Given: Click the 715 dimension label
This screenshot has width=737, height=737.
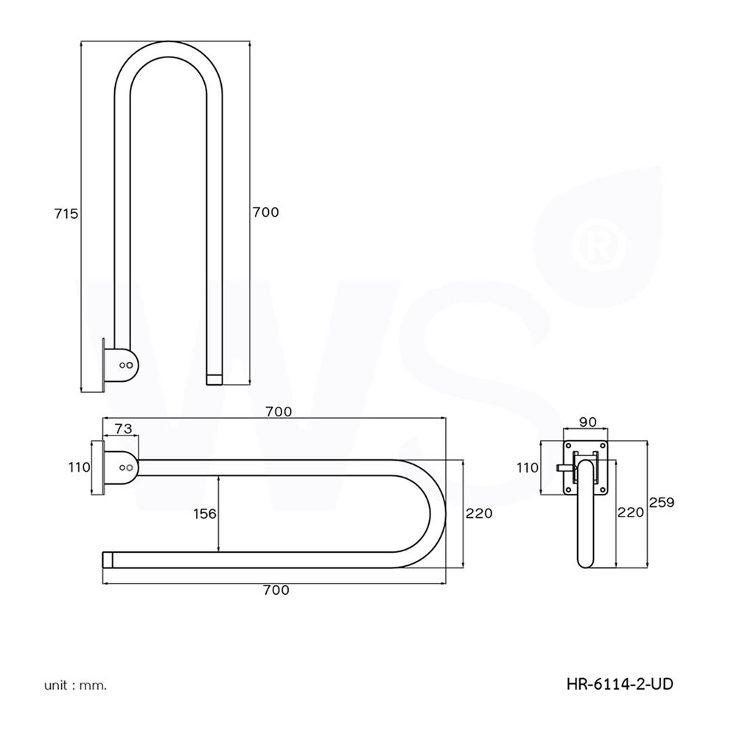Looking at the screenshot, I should click(66, 214).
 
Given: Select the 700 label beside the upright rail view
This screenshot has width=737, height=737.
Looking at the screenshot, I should click(265, 212).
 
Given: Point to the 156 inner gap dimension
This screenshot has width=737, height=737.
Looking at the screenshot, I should click(204, 514).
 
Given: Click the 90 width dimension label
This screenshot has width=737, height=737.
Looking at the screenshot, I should click(587, 422).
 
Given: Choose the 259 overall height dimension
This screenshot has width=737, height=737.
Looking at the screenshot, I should click(661, 503).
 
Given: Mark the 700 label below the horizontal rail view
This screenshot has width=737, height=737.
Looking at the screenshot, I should click(276, 590).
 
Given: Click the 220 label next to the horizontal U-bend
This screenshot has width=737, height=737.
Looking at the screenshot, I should click(478, 514).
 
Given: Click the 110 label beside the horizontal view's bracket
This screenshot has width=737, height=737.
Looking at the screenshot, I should click(78, 467).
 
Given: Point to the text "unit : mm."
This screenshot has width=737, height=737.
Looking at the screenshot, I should click(75, 685).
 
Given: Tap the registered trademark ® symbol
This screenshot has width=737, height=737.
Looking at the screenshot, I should click(598, 244).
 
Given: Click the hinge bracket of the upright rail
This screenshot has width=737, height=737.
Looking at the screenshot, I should click(121, 365).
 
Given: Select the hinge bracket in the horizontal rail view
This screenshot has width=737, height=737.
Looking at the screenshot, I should click(121, 468).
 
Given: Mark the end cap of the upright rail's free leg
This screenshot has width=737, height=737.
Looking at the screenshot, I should click(214, 379).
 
